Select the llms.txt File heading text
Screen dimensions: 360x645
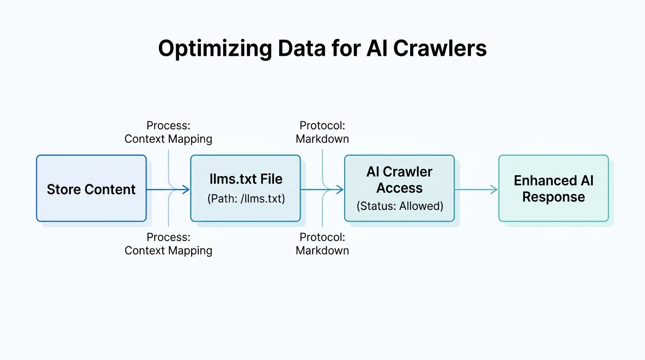click(x=246, y=179)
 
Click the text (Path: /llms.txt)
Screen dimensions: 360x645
click(x=246, y=198)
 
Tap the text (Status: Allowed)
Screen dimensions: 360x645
click(x=399, y=206)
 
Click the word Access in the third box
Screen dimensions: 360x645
click(x=399, y=188)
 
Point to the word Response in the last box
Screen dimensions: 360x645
click(x=554, y=197)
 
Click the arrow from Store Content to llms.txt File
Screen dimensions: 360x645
click(x=168, y=189)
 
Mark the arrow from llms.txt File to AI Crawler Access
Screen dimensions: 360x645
click(x=322, y=189)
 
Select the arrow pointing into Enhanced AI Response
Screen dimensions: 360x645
click(x=476, y=189)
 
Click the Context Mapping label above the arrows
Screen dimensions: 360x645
click(x=168, y=139)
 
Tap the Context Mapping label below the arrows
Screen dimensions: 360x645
click(x=168, y=250)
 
